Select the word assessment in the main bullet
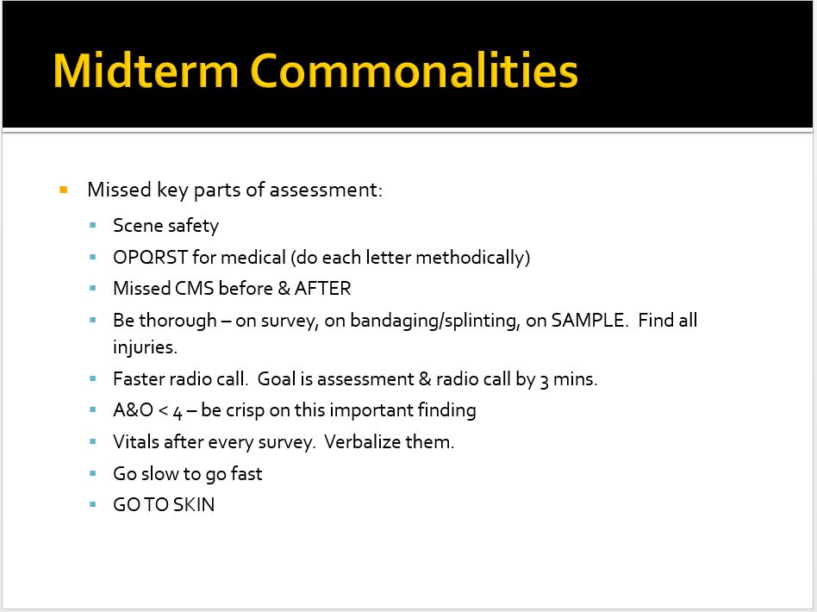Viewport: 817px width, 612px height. (324, 190)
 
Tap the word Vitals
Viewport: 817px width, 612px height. (137, 442)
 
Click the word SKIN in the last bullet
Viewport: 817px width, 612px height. (194, 505)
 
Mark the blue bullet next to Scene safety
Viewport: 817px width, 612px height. (93, 226)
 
